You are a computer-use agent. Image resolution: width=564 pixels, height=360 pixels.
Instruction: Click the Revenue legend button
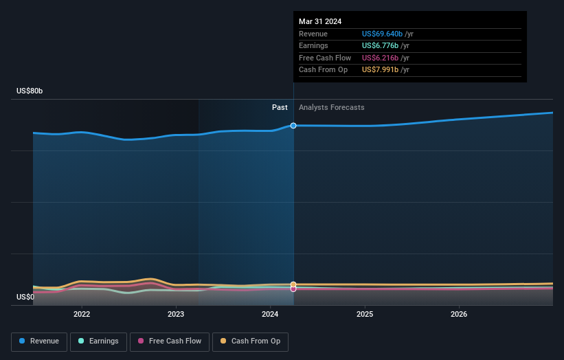[x=40, y=341]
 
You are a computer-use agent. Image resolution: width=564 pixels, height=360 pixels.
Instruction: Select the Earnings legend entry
[x=99, y=341]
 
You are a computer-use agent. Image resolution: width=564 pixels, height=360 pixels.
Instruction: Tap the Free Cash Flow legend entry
[x=169, y=341]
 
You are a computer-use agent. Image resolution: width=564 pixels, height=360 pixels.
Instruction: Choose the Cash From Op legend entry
[x=251, y=341]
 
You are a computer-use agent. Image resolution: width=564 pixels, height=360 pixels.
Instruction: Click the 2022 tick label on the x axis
[x=82, y=314]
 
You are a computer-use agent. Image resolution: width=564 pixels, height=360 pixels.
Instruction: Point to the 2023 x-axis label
[x=176, y=314]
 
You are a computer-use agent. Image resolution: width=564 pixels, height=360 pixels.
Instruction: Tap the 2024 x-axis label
[x=270, y=314]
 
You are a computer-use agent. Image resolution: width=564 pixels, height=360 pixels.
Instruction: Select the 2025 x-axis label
[x=365, y=314]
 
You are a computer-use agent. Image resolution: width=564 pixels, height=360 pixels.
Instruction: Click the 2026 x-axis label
[x=459, y=314]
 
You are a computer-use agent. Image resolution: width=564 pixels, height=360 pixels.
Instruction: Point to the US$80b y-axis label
[x=30, y=91]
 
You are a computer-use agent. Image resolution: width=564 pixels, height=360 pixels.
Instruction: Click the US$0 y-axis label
[x=25, y=297]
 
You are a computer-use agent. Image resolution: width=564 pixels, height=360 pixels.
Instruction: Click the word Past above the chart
[x=280, y=107]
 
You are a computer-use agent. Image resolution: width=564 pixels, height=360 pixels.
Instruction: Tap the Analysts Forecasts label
[x=332, y=107]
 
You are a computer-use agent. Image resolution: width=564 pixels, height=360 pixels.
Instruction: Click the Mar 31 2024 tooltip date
[x=320, y=21]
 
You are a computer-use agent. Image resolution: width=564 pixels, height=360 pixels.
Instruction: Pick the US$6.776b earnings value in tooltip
[x=381, y=46]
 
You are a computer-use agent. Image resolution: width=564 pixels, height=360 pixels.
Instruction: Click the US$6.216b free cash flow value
[x=381, y=58]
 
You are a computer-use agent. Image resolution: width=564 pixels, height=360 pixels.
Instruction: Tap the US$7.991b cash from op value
[x=381, y=70]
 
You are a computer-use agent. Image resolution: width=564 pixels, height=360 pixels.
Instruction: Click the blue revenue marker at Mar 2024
[x=293, y=126]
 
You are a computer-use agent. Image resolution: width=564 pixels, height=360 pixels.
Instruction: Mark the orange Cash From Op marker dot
[x=293, y=284]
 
